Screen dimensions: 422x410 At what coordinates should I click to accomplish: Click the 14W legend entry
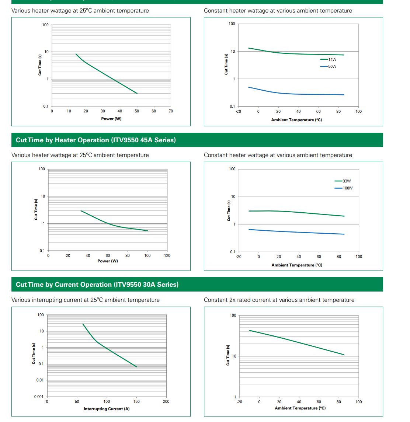pos(332,59)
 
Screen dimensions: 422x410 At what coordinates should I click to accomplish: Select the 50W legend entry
pos(332,67)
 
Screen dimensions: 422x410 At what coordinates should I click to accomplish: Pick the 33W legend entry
pos(347,181)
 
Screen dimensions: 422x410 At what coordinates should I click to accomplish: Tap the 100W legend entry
pos(347,188)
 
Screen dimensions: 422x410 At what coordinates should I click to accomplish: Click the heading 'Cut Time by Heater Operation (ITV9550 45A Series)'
pos(96,140)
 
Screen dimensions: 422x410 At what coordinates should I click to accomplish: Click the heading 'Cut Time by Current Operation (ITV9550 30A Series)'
pos(97,285)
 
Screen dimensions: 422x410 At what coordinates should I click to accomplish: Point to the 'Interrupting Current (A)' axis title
pos(107,409)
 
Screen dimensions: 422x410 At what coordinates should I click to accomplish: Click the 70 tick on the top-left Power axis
pos(171,111)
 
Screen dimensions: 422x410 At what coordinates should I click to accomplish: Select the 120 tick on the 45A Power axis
pos(167,255)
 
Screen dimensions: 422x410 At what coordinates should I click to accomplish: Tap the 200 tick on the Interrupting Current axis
pos(166,401)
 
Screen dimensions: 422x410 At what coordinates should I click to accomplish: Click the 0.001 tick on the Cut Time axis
pos(39,397)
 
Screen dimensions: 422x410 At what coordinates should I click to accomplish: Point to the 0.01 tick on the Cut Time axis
pos(40,380)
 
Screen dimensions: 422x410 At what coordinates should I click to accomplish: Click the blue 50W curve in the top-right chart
pos(295,94)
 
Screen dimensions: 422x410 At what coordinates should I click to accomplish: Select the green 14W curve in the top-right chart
pos(295,54)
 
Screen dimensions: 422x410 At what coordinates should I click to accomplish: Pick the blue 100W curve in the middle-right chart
pos(295,232)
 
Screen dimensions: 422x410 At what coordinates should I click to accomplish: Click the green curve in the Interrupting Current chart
pos(111,350)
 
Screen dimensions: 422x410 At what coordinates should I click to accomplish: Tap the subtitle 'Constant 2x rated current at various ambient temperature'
pos(279,300)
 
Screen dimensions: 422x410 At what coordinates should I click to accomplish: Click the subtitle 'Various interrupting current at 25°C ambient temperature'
pos(86,300)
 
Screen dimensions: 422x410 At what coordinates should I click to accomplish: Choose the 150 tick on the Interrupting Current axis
pos(136,401)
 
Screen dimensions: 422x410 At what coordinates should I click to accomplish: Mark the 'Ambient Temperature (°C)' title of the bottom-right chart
pos(300,408)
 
